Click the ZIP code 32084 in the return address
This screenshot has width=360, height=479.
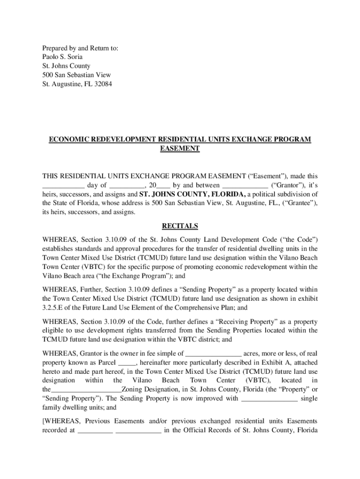point(102,84)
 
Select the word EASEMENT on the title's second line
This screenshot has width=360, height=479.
point(180,149)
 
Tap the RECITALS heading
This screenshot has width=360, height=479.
point(180,226)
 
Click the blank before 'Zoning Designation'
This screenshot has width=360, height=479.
point(86,390)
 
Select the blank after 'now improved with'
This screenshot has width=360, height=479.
point(269,399)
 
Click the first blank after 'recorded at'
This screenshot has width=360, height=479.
point(95,430)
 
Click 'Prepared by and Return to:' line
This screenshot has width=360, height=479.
point(80,48)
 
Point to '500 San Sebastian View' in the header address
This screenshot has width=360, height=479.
point(76,75)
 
